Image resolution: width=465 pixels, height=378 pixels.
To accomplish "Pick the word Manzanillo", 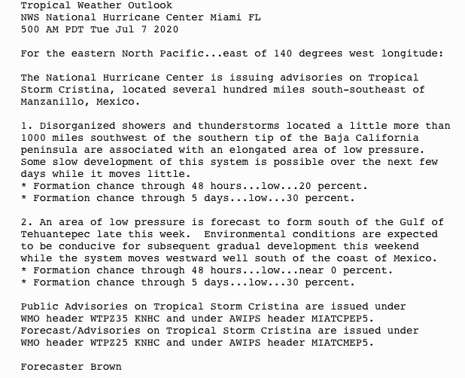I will [x=51, y=102].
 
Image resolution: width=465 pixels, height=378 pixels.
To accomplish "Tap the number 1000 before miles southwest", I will [x=33, y=138].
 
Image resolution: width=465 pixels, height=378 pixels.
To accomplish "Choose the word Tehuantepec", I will [x=54, y=234].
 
